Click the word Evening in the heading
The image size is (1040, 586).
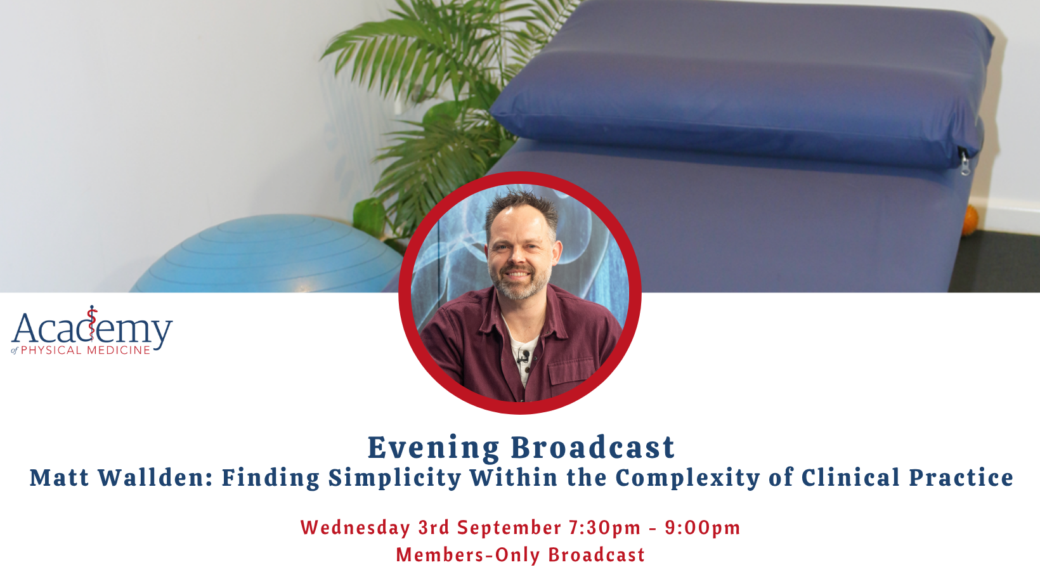(x=433, y=448)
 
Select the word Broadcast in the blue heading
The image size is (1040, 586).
(x=593, y=448)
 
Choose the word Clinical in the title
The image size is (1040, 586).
(x=850, y=478)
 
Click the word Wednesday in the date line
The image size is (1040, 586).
(x=355, y=528)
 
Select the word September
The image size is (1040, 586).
(x=509, y=528)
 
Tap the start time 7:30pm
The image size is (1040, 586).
(x=604, y=528)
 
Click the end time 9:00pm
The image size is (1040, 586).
(x=703, y=528)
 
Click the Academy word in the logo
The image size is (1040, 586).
(x=92, y=328)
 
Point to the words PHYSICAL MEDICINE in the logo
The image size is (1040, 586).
(x=86, y=349)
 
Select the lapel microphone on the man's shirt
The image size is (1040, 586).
(x=524, y=356)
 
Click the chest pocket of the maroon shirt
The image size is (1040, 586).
(x=574, y=372)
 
